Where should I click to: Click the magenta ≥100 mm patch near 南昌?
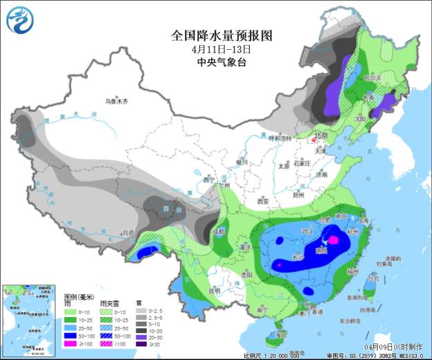tap(333, 240)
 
